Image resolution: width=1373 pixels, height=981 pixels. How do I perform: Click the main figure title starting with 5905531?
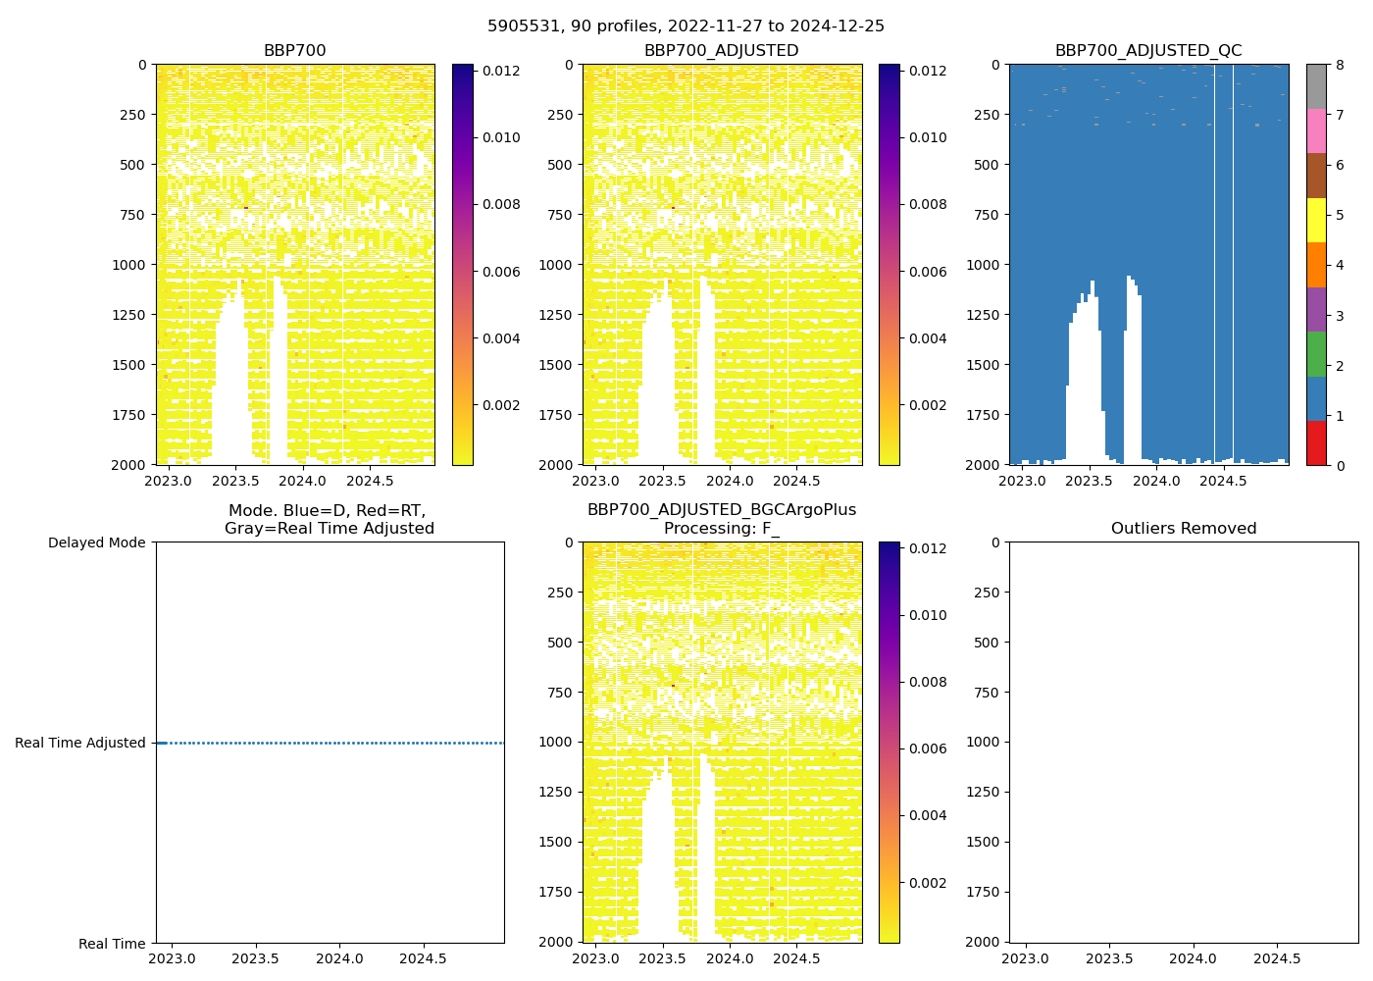point(686,26)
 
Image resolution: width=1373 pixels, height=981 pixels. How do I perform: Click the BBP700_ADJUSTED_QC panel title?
point(1148,51)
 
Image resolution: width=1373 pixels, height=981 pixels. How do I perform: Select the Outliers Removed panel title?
point(1184,529)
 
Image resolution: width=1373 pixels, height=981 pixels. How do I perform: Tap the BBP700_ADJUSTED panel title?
point(721,51)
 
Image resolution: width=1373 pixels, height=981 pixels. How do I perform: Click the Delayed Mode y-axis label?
point(96,542)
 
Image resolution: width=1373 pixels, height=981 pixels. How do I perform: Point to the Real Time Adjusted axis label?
point(80,743)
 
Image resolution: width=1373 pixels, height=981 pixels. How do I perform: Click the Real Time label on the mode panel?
point(112,944)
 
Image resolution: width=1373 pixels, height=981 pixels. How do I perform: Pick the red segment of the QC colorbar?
point(1316,442)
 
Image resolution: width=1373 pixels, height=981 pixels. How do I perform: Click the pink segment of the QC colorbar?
point(1316,130)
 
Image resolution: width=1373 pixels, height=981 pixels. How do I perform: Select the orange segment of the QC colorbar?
point(1316,265)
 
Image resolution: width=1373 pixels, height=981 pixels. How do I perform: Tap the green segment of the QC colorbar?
point(1316,353)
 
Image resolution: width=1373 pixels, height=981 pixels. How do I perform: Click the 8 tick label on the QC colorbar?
point(1340,65)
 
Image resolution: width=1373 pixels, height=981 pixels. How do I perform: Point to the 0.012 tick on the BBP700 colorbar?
point(500,71)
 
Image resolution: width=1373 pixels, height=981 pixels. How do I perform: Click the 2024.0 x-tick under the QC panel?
point(1156,481)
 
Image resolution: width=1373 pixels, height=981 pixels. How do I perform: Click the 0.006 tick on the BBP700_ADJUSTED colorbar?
point(927,272)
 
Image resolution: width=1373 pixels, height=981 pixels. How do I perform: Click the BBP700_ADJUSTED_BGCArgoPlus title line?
point(721,510)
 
